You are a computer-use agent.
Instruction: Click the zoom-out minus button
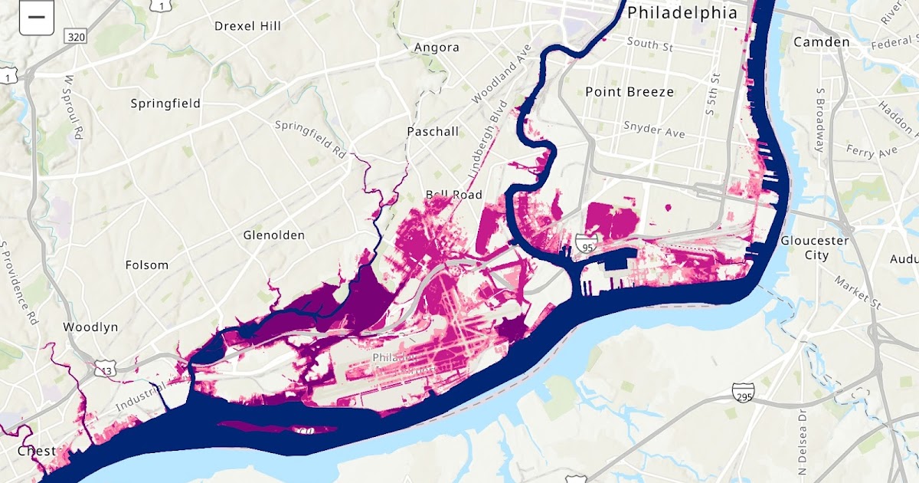click(x=36, y=16)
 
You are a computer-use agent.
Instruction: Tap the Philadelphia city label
click(x=682, y=13)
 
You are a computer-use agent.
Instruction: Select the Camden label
click(x=822, y=41)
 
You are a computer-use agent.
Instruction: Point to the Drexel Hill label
click(x=247, y=26)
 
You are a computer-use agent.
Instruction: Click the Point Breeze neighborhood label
click(x=630, y=92)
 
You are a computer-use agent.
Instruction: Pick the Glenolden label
click(x=273, y=235)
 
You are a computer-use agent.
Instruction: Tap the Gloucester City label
click(x=815, y=248)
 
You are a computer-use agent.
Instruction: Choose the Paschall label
click(x=433, y=132)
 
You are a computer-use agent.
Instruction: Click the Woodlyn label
click(x=90, y=327)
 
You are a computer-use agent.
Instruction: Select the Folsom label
click(x=146, y=265)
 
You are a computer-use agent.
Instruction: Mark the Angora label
click(x=437, y=48)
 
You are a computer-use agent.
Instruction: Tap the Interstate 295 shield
click(x=743, y=393)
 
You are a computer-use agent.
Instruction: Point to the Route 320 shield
click(x=76, y=37)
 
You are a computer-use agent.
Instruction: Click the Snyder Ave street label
click(x=653, y=129)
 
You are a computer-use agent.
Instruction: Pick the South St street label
click(x=649, y=44)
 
